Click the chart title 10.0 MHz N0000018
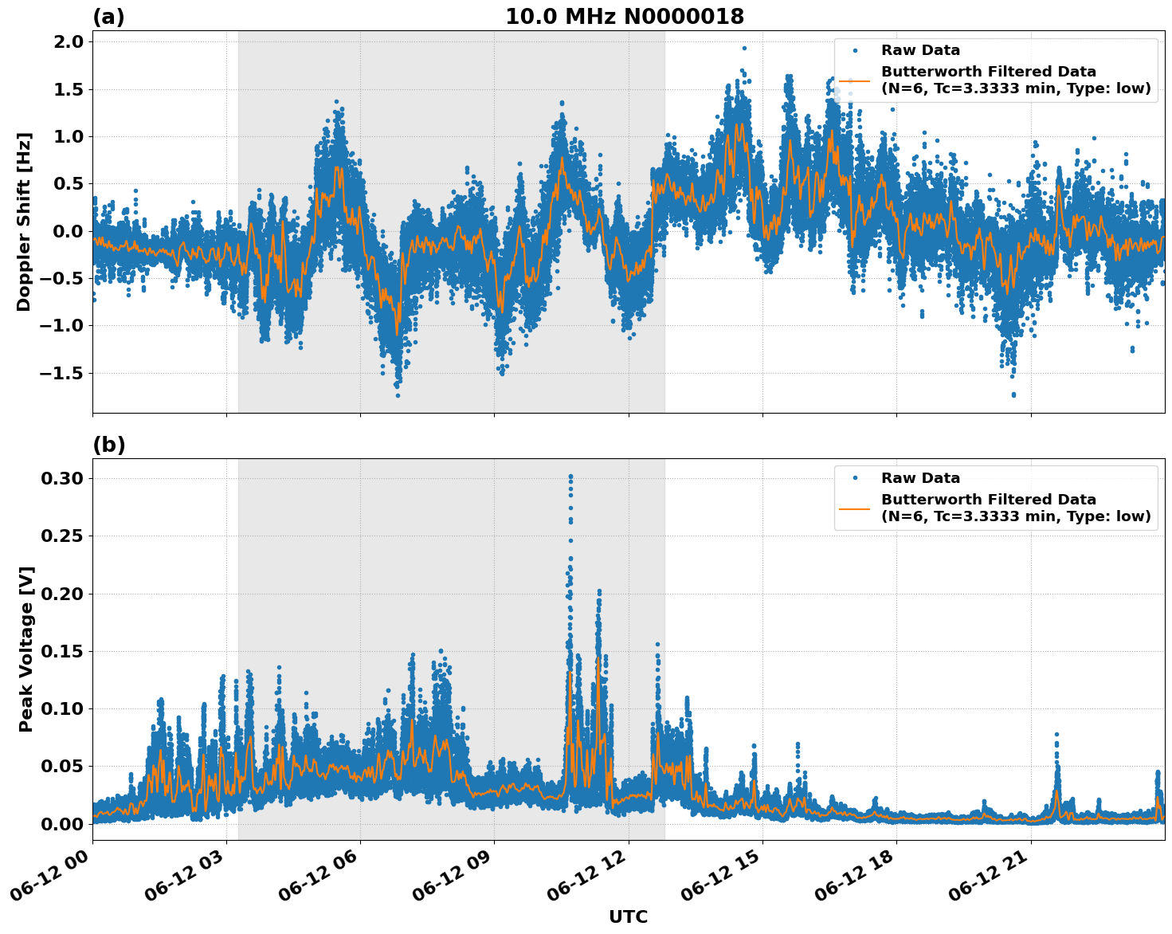tap(625, 17)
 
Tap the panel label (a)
tap(108, 17)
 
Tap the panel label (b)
tap(108, 445)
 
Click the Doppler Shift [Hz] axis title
tap(24, 222)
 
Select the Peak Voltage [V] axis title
tap(26, 649)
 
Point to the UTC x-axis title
tap(628, 916)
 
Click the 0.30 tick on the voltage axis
tap(62, 478)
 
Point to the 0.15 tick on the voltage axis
tap(62, 651)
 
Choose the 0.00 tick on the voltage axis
tap(62, 824)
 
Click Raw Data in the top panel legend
tap(920, 50)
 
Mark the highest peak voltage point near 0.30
tap(570, 476)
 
